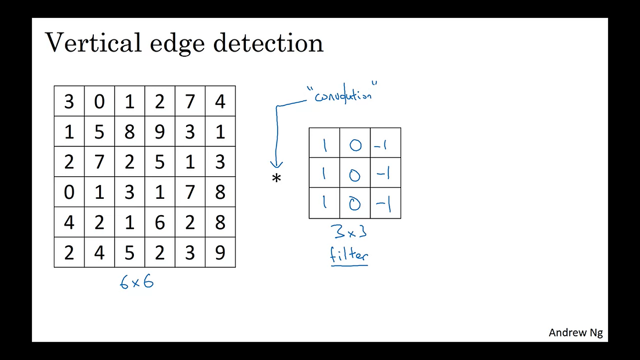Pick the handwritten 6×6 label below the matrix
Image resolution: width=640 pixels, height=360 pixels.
click(137, 283)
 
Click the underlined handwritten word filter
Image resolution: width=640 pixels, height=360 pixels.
click(350, 255)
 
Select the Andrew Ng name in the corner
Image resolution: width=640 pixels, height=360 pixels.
click(576, 333)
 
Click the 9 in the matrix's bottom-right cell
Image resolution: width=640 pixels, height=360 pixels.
click(220, 253)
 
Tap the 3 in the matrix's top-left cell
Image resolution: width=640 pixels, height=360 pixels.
click(69, 101)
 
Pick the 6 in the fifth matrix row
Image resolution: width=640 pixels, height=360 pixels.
click(160, 223)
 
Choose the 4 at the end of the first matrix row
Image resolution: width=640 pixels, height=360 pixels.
click(220, 101)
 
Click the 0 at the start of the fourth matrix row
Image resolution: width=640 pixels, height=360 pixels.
click(69, 192)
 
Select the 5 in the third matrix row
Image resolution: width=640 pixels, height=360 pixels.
click(160, 162)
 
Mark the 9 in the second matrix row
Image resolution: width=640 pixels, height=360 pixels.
click(160, 132)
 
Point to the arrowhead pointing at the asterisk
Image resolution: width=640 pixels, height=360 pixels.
click(277, 165)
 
